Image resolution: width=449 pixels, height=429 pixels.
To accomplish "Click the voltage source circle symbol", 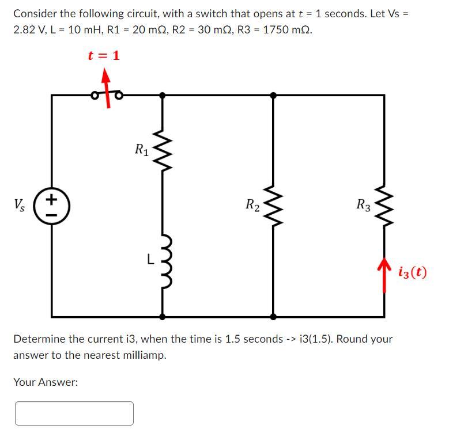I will [x=52, y=206].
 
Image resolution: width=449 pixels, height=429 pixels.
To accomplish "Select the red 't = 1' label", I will [x=104, y=56].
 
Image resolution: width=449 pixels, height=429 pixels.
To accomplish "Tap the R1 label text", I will [x=141, y=150].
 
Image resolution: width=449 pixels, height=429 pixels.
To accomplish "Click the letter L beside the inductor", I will [x=148, y=260].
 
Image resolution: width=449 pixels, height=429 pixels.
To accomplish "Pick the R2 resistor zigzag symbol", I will [x=273, y=204].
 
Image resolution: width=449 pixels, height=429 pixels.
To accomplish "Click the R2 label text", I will [x=252, y=204].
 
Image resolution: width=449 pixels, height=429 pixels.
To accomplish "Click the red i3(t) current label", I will [x=412, y=271].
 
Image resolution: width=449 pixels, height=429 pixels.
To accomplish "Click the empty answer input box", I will [x=74, y=413].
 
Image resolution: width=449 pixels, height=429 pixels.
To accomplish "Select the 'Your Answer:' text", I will [x=46, y=382].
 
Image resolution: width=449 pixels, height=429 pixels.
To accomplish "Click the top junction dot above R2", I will [x=273, y=94].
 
